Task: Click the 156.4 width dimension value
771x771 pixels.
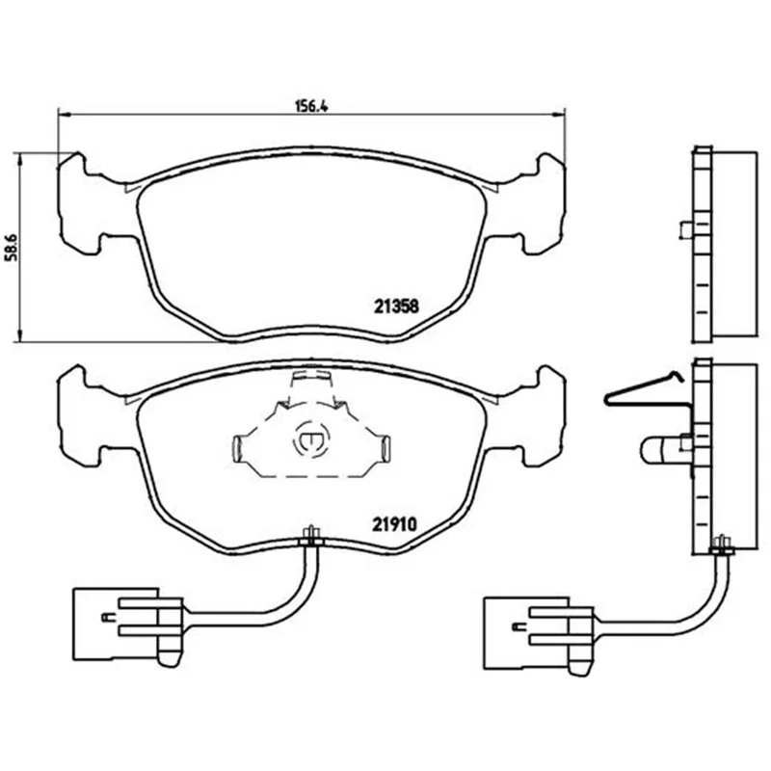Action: point(311,106)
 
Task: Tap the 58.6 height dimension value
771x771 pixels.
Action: point(12,248)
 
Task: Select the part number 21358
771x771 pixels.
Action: point(396,306)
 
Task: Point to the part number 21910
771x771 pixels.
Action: point(394,524)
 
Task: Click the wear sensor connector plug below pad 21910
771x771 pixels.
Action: point(128,624)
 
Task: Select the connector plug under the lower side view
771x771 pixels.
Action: point(539,633)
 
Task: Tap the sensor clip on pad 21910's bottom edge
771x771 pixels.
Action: point(310,537)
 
